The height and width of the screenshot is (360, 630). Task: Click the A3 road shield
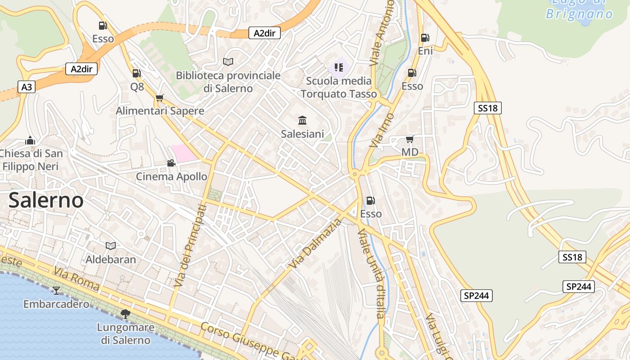coord(27,87)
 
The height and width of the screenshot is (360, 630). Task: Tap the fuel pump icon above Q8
coord(136,73)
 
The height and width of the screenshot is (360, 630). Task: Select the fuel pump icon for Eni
coord(425,38)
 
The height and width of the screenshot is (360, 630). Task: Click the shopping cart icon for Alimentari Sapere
coord(159,98)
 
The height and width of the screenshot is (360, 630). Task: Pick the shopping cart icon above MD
coord(409,139)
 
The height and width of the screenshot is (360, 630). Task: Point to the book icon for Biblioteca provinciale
coord(228,62)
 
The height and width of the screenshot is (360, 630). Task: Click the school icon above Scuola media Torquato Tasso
coord(339,67)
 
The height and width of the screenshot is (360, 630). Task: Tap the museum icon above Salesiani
coord(302,120)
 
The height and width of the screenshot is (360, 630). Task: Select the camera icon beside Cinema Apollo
coord(171,163)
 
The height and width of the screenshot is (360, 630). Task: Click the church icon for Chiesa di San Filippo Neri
coord(30,140)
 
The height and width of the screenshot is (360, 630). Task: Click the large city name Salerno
coord(46,200)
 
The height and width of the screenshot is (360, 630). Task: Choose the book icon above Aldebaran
coord(111,246)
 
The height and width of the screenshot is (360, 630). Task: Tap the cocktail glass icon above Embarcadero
coord(56,290)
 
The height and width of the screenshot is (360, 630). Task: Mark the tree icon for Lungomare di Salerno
coord(126,314)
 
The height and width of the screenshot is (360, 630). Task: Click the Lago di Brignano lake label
coord(579,8)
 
